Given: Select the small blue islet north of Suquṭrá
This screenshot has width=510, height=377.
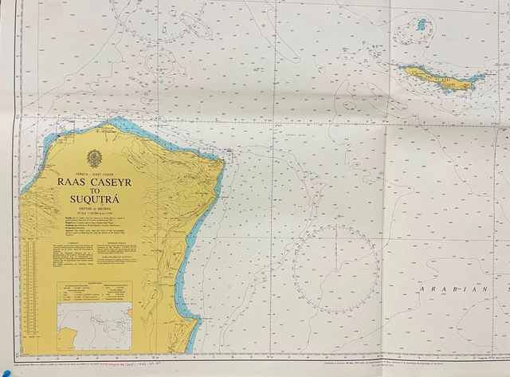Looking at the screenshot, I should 420,26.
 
